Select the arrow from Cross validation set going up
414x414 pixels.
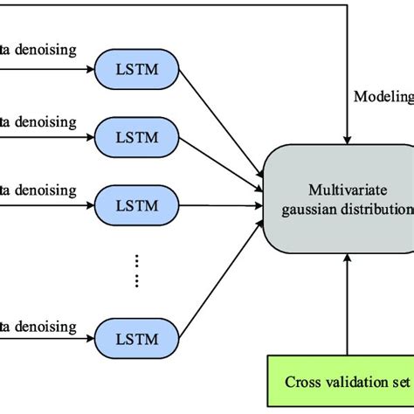coord(348,306)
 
